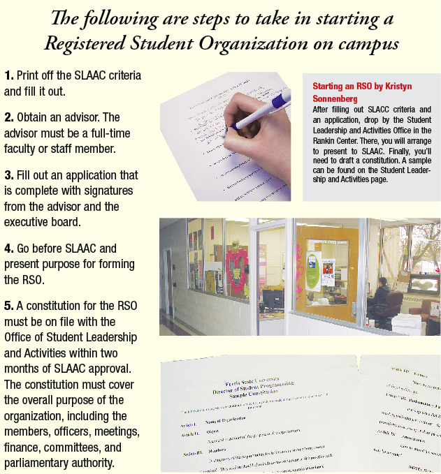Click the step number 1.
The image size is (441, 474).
[x=8, y=75]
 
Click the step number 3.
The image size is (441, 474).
[x=8, y=175]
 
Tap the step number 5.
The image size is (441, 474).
[x=8, y=306]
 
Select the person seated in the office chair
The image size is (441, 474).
[x=380, y=297]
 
